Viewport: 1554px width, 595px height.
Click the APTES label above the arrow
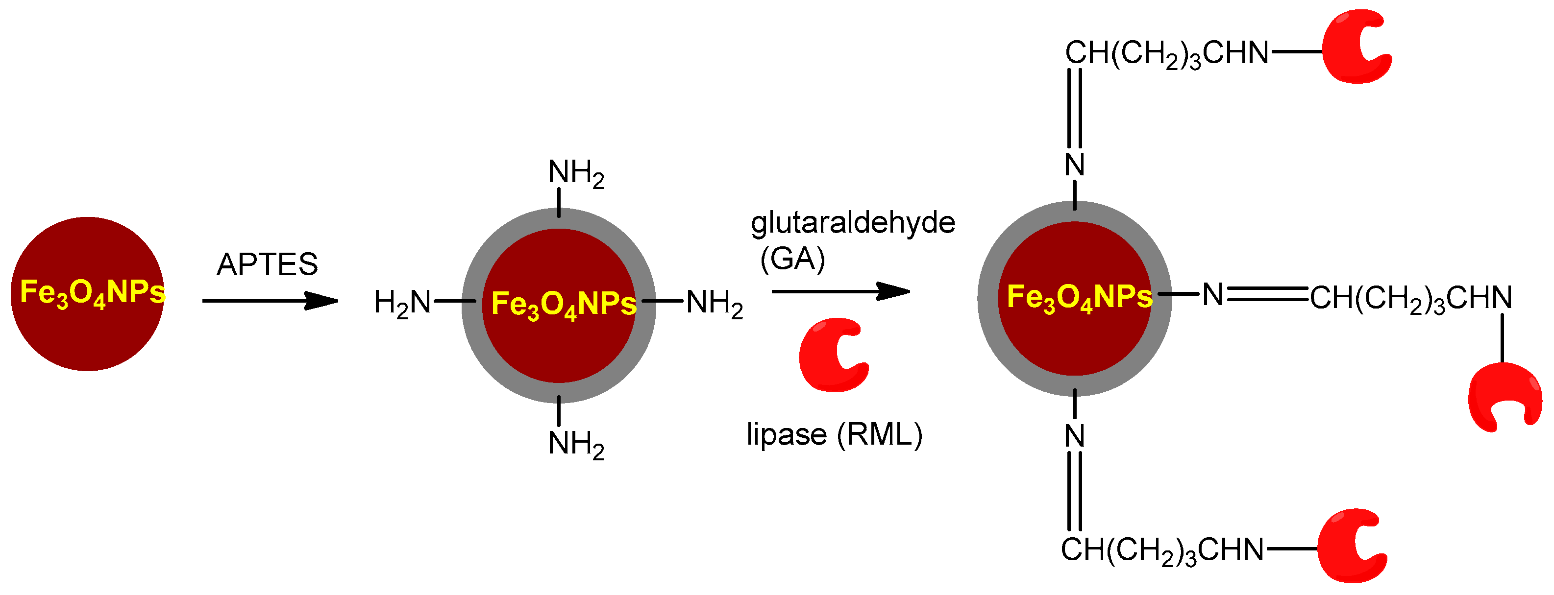coord(267,264)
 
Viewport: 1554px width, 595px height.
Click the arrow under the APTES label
coord(270,300)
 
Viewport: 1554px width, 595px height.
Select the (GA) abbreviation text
coord(792,259)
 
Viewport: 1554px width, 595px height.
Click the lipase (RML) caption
coord(834,435)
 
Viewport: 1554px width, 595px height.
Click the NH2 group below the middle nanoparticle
coord(575,444)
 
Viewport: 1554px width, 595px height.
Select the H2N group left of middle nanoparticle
coord(402,303)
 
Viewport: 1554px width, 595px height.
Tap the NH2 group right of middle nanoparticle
coord(714,303)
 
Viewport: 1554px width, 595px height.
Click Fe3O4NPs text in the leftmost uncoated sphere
coord(92,293)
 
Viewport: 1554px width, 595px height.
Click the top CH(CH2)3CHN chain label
coord(1167,54)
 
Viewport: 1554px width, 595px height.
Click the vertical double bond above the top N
coord(1074,109)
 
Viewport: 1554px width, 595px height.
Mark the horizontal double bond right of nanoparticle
coord(1267,294)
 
